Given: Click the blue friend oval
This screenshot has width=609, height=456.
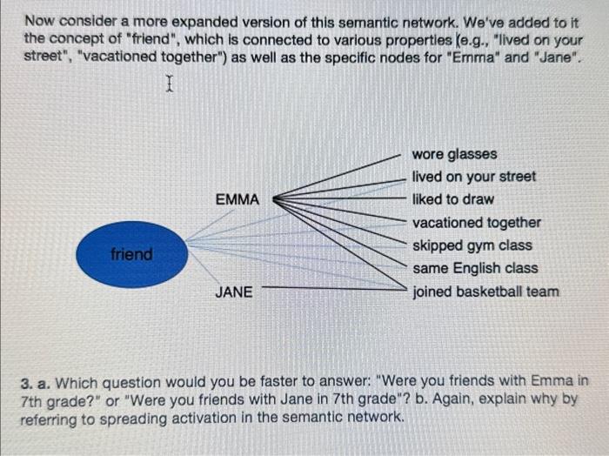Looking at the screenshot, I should pos(131,255).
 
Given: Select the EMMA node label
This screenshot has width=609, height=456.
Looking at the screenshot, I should pos(237,199).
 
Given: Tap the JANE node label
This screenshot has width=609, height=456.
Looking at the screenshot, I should pos(235,292).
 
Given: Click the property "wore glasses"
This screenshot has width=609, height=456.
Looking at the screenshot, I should pos(454,154).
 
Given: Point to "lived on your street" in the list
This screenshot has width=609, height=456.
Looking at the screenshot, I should pos(473,177).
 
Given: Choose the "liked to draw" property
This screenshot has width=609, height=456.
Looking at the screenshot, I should pos(452,199).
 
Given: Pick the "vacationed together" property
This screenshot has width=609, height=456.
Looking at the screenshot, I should pos(476,223).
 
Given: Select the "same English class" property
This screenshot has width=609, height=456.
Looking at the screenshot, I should pos(474,268).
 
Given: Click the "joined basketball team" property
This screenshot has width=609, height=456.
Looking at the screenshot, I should pos(485,292).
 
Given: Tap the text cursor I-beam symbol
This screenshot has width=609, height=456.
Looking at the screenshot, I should pos(170,84).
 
